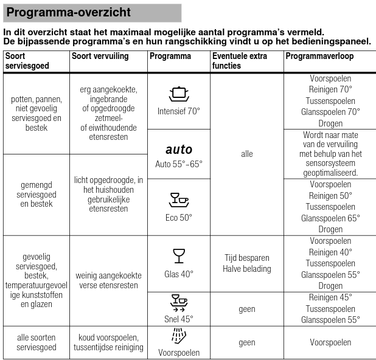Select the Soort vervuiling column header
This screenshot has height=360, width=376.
(x=100, y=57)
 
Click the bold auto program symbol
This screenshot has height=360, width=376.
(x=178, y=149)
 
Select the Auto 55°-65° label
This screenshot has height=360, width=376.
(x=178, y=164)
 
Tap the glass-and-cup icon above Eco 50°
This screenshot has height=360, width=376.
(x=178, y=199)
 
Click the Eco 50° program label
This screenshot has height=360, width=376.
(x=178, y=216)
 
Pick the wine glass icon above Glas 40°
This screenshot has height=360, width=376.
(x=178, y=255)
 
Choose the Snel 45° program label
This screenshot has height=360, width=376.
(x=178, y=318)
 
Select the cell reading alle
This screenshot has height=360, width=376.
(x=246, y=154)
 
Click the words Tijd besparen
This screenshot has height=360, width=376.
(x=246, y=258)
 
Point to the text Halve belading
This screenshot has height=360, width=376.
(x=246, y=269)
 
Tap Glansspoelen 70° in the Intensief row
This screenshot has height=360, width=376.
(x=330, y=112)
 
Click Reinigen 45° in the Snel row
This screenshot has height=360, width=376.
(x=330, y=297)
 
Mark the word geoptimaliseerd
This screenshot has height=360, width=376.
(x=330, y=173)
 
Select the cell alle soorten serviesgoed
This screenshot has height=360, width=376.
(x=37, y=342)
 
